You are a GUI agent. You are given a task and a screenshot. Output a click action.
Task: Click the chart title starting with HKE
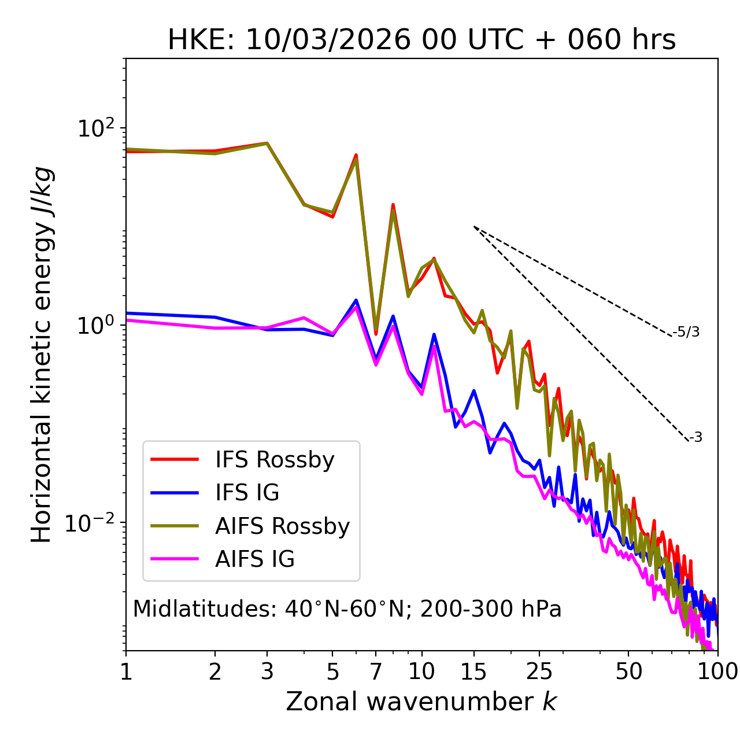click(x=421, y=40)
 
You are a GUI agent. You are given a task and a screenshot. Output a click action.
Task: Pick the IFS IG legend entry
click(x=247, y=493)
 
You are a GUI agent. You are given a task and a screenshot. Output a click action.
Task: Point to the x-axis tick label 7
click(x=376, y=672)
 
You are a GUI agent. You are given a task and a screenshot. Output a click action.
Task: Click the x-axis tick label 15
click(x=473, y=672)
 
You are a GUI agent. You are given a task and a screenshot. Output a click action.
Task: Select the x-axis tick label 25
click(x=539, y=672)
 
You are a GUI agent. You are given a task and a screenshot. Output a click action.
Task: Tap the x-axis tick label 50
click(x=628, y=672)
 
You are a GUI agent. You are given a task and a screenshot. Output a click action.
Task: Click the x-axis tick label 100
click(x=717, y=672)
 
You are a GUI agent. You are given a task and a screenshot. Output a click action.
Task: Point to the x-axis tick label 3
click(x=267, y=672)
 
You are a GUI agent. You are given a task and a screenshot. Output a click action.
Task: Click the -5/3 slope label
click(x=686, y=332)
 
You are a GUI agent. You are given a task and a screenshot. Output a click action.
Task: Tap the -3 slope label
click(x=695, y=438)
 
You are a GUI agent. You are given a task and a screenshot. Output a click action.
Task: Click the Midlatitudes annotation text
click(x=347, y=609)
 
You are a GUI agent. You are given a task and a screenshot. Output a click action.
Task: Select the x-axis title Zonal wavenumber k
click(x=421, y=702)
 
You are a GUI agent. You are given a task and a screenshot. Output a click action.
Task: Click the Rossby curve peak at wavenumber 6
click(x=356, y=155)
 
